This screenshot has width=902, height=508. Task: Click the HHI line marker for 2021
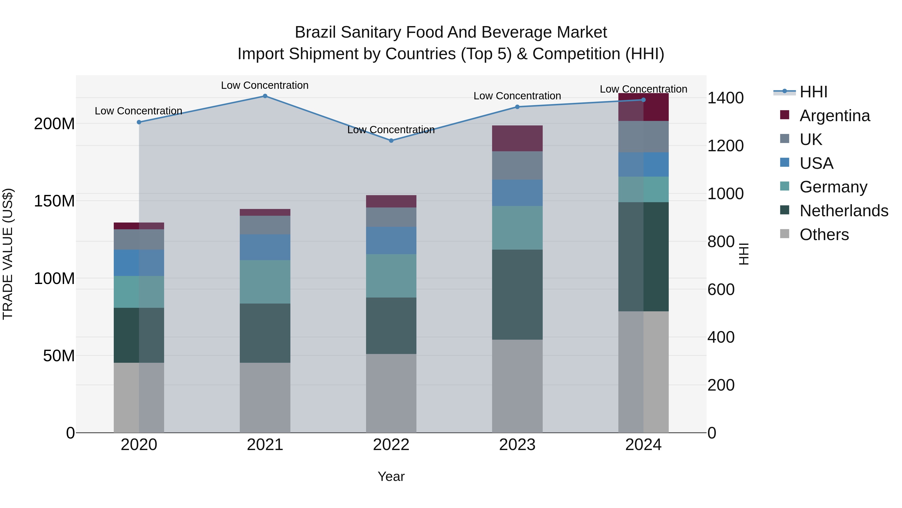[x=265, y=96]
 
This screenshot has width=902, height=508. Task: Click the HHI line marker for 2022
[x=391, y=140]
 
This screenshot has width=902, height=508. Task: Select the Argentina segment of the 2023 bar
[x=517, y=138]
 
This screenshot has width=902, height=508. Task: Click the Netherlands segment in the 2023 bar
[x=517, y=295]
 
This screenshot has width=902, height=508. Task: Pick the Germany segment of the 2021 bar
[x=265, y=282]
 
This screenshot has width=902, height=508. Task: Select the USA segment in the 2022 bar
[x=391, y=241]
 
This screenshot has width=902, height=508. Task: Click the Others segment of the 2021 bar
[x=265, y=398]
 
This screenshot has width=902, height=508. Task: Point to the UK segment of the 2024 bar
[x=643, y=137]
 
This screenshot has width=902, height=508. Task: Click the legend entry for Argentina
[x=834, y=116]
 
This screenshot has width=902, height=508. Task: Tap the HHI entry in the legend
[x=813, y=92]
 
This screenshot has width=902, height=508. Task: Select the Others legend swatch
[x=785, y=234]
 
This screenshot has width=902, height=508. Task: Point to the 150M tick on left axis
[x=54, y=201]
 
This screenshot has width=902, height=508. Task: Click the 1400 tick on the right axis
[x=725, y=98]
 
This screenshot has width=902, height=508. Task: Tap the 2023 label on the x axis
[x=517, y=445]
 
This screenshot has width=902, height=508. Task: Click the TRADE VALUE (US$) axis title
[x=8, y=254]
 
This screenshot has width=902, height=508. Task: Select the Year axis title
[x=391, y=476]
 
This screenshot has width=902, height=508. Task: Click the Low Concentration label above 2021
[x=265, y=85]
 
